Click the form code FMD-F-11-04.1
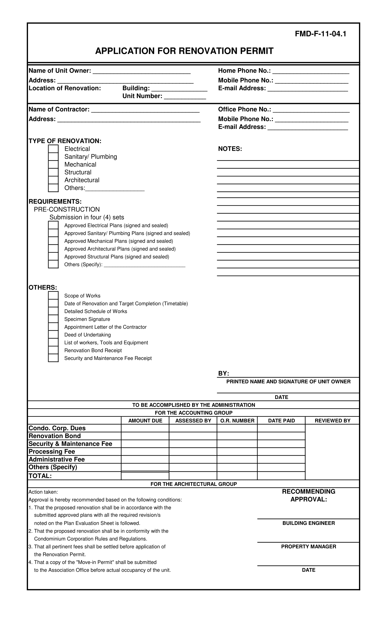click(320, 34)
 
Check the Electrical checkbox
click(53, 149)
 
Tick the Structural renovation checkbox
click(53, 172)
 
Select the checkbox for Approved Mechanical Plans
click(53, 241)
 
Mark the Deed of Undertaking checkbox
click(53, 335)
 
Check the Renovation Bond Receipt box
click(53, 350)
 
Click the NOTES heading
click(230, 149)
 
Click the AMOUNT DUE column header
click(145, 421)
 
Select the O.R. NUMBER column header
click(237, 421)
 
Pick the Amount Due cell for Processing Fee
click(145, 452)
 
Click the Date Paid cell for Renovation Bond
click(281, 436)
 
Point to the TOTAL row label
click(40, 476)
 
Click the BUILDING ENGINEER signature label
click(308, 523)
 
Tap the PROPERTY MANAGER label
click(308, 546)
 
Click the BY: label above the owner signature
click(224, 374)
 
